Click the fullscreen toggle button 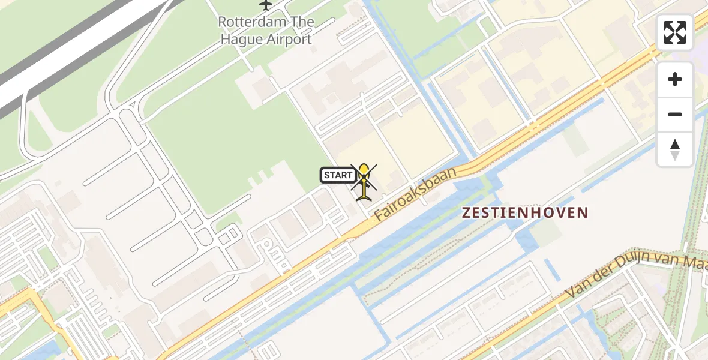tap(675, 32)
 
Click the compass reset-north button tap(675, 149)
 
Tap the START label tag tap(338, 175)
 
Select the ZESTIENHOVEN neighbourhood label tap(524, 212)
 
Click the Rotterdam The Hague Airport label tap(266, 31)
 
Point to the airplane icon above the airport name tap(266, 4)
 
